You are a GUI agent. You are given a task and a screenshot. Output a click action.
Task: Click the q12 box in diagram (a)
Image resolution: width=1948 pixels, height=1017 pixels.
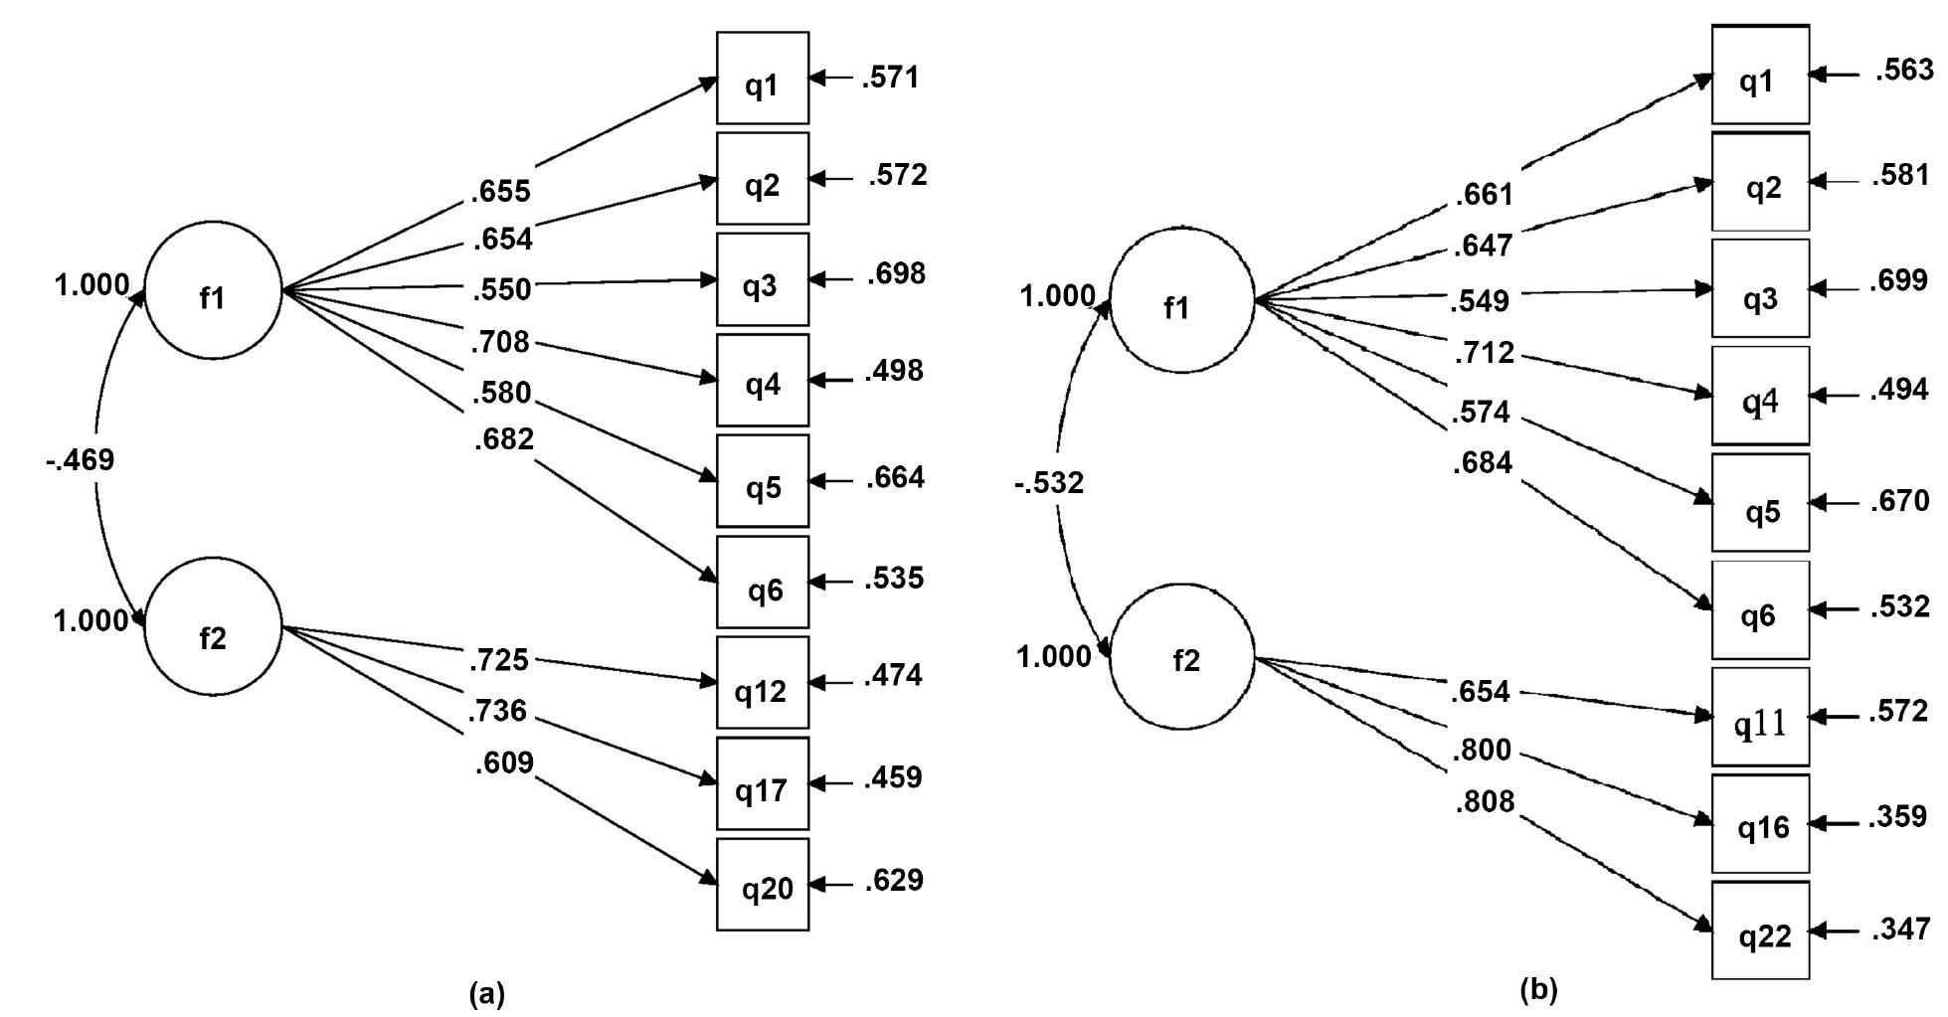pos(762,683)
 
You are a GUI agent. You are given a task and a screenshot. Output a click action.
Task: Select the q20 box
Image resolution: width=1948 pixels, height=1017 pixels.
pos(762,884)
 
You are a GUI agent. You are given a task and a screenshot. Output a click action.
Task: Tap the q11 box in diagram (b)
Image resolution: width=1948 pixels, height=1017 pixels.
pos(1760,716)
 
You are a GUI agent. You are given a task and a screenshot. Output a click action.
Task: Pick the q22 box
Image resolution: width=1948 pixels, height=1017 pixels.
pos(1760,931)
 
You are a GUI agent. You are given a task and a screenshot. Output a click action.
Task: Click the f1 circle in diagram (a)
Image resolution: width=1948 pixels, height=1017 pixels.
pos(213,290)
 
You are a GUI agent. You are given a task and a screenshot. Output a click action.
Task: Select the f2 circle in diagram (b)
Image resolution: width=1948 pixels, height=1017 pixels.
pos(1181,657)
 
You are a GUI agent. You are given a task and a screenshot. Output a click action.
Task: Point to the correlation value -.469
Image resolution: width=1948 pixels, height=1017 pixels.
pos(80,460)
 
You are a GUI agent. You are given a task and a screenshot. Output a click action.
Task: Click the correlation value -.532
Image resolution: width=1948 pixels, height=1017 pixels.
pos(1049,484)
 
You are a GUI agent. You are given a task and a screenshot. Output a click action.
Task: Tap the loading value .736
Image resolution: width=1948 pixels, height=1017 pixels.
pos(498,711)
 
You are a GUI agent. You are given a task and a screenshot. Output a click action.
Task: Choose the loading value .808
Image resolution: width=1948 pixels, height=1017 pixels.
pos(1484,801)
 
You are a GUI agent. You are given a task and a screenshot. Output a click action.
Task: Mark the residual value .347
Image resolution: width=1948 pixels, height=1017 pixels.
pos(1900,930)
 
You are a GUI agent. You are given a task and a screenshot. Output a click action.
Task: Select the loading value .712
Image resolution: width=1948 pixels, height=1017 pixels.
pos(1484,353)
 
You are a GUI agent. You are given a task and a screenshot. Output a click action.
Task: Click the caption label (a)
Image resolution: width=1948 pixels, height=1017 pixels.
pos(486,993)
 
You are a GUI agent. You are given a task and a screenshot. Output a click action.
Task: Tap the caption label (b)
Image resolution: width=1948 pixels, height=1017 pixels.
pos(1538,990)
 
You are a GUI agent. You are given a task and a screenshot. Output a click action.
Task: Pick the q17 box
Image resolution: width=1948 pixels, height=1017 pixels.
pos(762,783)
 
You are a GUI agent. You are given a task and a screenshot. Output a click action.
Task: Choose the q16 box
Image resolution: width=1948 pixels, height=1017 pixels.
pos(1760,823)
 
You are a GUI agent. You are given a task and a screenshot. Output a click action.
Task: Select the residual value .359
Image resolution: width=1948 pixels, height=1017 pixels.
pos(1898,817)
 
